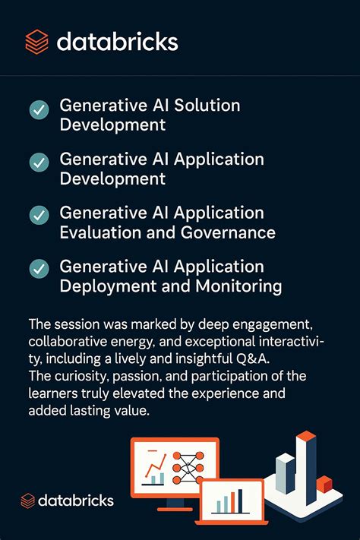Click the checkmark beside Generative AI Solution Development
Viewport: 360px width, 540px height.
pyautogui.click(x=39, y=111)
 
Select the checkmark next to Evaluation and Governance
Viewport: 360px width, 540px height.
pyautogui.click(x=39, y=215)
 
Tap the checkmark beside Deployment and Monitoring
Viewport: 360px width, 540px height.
pyautogui.click(x=39, y=268)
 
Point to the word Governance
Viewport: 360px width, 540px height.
pyautogui.click(x=229, y=232)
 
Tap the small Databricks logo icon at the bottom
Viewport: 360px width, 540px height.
pyautogui.click(x=28, y=500)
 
